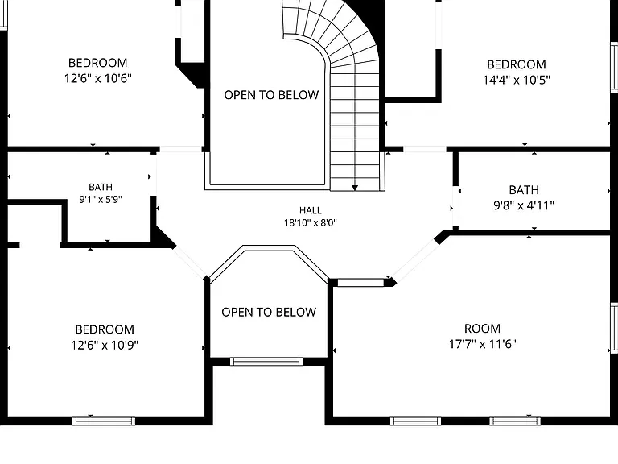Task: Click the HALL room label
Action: [310, 210]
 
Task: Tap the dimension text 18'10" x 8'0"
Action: [310, 223]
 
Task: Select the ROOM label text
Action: [483, 329]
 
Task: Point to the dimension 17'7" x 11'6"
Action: [483, 344]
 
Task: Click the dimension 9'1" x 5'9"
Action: [101, 199]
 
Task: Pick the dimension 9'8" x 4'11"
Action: [524, 205]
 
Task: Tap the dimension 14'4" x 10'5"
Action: [517, 80]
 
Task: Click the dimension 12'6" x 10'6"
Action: [97, 78]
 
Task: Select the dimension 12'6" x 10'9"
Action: [105, 346]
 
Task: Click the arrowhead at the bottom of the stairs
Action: [355, 188]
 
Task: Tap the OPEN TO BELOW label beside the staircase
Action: [271, 95]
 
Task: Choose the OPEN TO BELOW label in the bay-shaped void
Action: [269, 312]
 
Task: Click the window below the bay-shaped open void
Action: [266, 362]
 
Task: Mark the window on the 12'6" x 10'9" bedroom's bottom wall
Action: [104, 421]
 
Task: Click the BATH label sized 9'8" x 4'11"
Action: [524, 190]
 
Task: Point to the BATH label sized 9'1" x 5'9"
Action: [101, 187]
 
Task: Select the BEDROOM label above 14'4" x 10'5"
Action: [517, 64]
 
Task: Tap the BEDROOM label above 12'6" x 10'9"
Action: [105, 329]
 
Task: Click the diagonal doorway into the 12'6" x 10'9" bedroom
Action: [190, 262]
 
